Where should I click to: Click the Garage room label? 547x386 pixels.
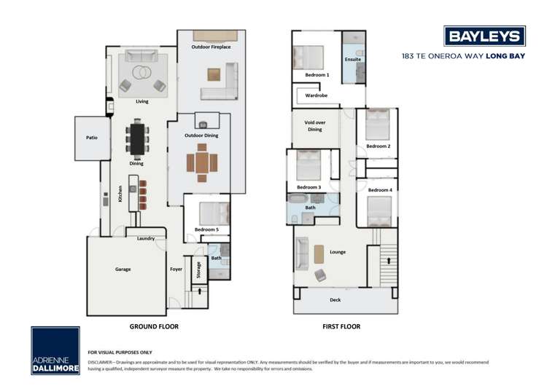123,269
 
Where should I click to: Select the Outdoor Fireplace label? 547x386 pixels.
211,47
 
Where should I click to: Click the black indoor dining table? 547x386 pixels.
136,138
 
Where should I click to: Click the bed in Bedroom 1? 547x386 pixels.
310,57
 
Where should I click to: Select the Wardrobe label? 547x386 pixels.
316,95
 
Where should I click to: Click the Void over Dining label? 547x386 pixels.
314,126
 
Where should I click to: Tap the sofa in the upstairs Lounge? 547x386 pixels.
302,253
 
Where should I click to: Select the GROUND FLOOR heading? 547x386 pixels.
154,327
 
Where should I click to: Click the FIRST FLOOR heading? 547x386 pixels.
341,327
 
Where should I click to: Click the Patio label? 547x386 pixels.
91,137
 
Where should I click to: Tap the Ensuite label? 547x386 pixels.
353,59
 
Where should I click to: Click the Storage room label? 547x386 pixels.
198,269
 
